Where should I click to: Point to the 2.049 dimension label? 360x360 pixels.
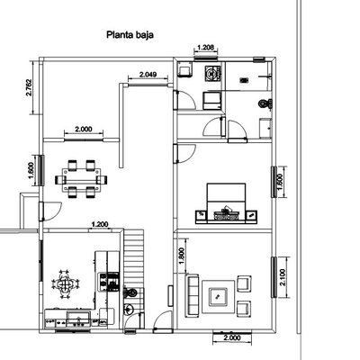tap(148, 74)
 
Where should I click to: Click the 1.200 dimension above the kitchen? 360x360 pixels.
tap(99, 223)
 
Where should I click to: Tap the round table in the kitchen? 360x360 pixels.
tap(65, 284)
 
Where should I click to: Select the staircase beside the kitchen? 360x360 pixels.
tap(137, 247)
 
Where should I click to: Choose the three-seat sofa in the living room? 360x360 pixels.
tap(192, 296)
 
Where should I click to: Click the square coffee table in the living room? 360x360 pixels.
tap(218, 294)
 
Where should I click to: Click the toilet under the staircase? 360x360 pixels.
tap(131, 292)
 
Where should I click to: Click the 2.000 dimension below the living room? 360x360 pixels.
tap(229, 337)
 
